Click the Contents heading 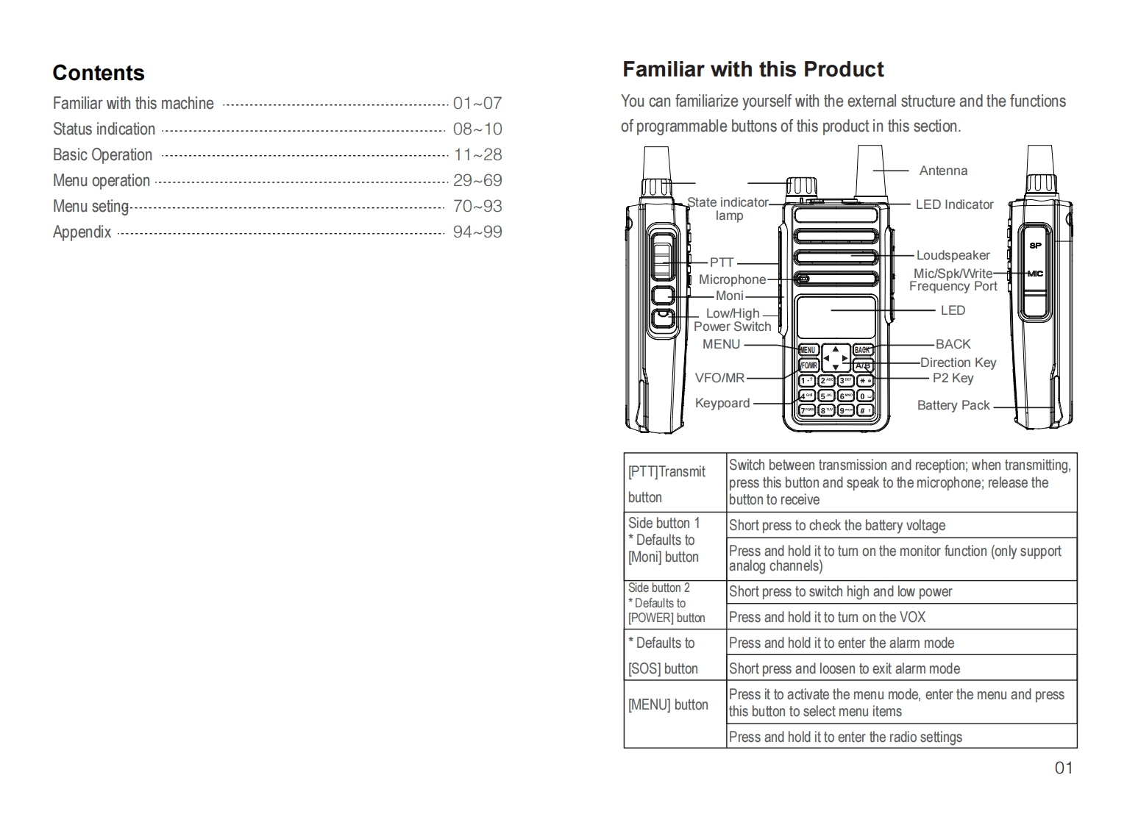coord(99,73)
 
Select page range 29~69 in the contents coord(477,181)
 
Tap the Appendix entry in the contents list coord(82,232)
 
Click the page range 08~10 coord(477,129)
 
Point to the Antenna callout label coord(943,171)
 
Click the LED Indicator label coord(954,204)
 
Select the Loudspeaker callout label coord(953,255)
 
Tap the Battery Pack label coord(953,405)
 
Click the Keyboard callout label coord(722,403)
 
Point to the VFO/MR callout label coord(719,378)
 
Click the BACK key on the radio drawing coord(862,350)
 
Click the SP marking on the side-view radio coord(1035,246)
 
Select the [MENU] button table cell coord(668,704)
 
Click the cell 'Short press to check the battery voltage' coord(837,525)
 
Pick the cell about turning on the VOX coord(827,617)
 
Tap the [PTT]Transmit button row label coord(666,484)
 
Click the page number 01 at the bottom coord(1064,768)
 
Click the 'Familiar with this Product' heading coord(753,70)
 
